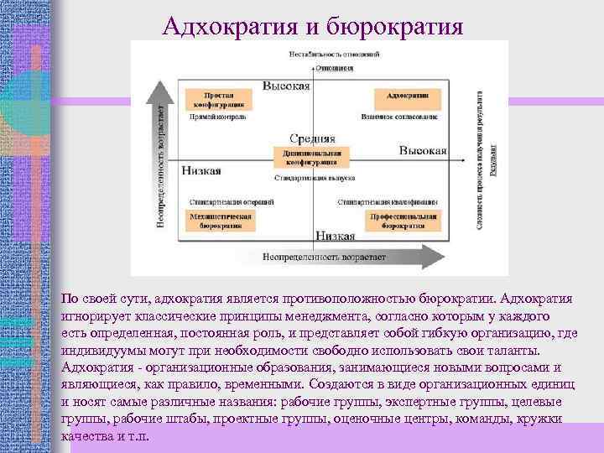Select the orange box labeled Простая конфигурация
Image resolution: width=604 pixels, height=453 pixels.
pos(217,100)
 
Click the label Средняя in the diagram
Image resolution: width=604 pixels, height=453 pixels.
pos(312,138)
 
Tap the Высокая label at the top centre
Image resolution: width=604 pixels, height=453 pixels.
pos(286,86)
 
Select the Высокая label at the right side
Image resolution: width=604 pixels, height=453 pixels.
pos(423,149)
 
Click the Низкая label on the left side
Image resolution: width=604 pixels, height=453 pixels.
pos(200,171)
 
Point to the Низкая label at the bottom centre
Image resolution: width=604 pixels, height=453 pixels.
pos(335,237)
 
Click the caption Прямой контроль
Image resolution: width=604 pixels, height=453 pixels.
pos(217,117)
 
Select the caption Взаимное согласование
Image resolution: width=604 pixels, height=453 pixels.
pos(400,117)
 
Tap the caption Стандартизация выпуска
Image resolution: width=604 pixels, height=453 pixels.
pos(310,178)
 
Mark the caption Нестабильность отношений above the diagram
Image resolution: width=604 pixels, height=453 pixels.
pos(334,54)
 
